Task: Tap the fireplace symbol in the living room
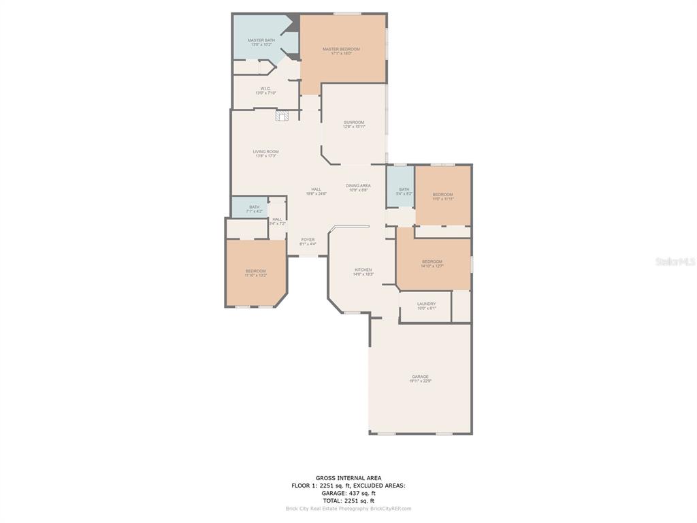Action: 282,116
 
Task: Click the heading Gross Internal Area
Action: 348,478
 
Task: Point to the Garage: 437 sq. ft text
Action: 348,493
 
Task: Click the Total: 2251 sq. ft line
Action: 348,501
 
